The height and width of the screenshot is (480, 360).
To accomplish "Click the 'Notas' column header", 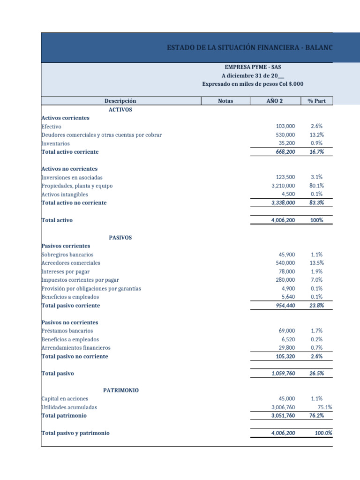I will (x=225, y=101).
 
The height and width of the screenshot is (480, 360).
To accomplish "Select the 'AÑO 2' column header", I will (x=274, y=101).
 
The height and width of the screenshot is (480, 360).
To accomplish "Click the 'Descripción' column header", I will (x=120, y=101).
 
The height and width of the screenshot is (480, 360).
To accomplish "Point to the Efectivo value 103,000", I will (x=285, y=127).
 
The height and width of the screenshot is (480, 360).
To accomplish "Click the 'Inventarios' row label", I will (x=55, y=143).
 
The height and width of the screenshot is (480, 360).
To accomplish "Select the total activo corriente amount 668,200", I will (x=283, y=152).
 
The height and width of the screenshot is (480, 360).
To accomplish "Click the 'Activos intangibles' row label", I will (x=64, y=194).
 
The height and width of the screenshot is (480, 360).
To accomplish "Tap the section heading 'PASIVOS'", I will (x=120, y=238).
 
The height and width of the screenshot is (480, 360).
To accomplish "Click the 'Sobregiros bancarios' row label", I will (x=67, y=255).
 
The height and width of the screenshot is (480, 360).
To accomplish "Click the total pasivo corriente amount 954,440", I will (x=283, y=305).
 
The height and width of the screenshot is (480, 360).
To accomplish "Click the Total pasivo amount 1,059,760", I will (x=283, y=374).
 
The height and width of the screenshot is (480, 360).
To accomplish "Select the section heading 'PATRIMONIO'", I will (x=120, y=390).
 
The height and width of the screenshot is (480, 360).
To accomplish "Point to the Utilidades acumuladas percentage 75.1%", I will (x=325, y=407).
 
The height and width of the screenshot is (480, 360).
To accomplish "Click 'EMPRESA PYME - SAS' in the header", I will (x=253, y=67).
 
